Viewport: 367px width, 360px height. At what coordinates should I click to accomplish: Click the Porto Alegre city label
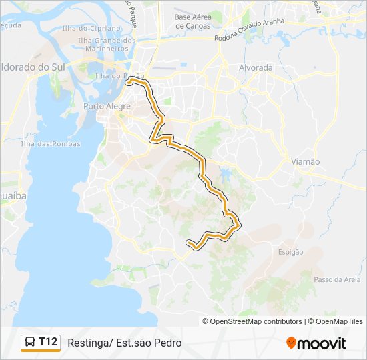[103, 106]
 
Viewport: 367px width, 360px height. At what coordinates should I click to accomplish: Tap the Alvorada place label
[256, 68]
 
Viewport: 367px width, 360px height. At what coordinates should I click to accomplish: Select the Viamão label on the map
[306, 161]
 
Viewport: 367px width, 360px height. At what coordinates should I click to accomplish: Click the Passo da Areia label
[337, 279]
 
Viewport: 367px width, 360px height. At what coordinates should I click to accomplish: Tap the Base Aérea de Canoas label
[192, 21]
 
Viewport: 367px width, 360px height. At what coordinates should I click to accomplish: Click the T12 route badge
[48, 342]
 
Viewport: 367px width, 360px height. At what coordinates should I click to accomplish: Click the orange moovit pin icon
[291, 343]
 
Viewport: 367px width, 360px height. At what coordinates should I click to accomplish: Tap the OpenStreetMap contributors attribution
[256, 321]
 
